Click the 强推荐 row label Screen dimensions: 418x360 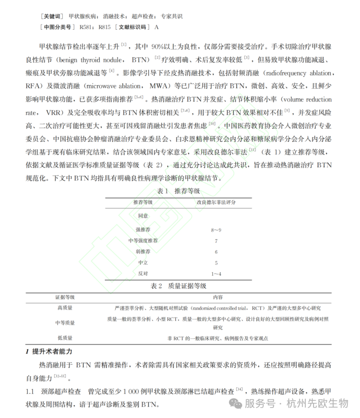point(143,229)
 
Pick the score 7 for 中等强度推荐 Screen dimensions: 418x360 point(215,241)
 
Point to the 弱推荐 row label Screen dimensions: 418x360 point(143,252)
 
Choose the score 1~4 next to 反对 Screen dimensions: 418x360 point(215,274)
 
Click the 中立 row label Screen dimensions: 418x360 point(143,263)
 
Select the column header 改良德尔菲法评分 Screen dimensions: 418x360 point(215,202)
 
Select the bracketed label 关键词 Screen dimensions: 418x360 point(51,16)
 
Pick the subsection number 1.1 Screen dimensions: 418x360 point(30,390)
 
